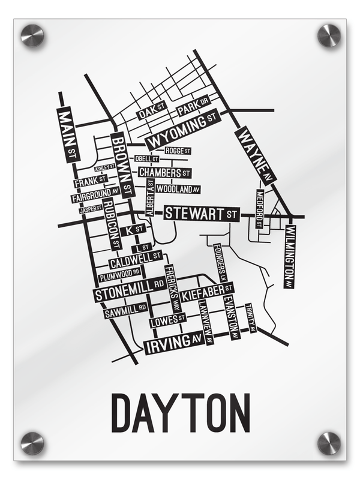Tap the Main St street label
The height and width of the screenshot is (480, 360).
pos(67,134)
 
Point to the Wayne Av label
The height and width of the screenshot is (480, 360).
pos(254,155)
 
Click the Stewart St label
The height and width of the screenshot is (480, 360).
pos(202,213)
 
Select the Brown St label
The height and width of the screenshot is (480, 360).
pos(122,164)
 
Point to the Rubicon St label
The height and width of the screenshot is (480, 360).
pos(112,224)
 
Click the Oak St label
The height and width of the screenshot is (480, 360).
pos(151,111)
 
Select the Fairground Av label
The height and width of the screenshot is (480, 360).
pos(95,195)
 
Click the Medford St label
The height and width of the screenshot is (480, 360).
pos(259,208)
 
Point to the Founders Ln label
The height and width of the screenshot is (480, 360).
pos(218,263)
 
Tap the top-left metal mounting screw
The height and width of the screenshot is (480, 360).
pos(32,35)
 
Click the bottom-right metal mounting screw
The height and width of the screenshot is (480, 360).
pos(329,443)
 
